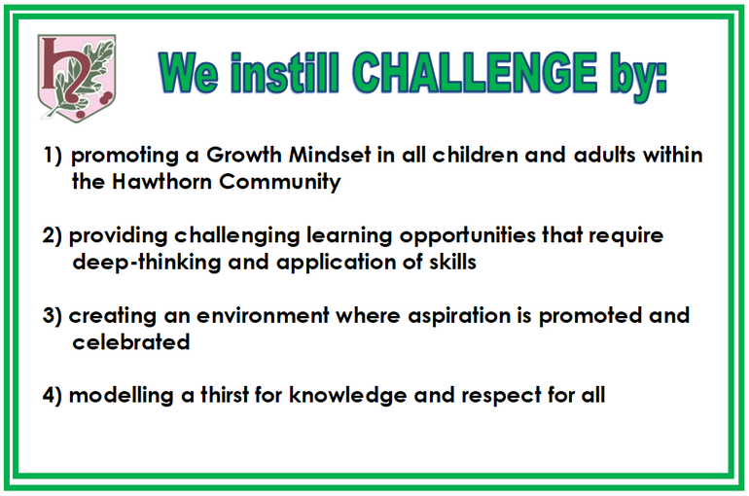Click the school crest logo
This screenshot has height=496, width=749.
pos(77,78)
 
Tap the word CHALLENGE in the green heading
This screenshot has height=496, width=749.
pos(475,73)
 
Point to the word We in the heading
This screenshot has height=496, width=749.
pos(189,73)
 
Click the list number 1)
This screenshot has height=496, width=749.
pos(53,156)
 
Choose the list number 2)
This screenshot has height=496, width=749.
pos(53,235)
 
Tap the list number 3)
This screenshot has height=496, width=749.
pos(53,316)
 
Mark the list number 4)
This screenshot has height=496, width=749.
pos(53,396)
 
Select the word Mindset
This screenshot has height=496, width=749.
pos(330,155)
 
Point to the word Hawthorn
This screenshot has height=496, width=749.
pos(161,182)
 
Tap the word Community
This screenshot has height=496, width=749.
pos(280,183)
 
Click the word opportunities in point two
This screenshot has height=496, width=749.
pos(468,236)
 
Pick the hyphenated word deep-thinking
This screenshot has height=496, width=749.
pos(147,263)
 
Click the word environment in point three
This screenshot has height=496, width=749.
pos(263,315)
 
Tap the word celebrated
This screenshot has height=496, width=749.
pos(131,341)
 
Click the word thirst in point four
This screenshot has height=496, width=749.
pos(225,395)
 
